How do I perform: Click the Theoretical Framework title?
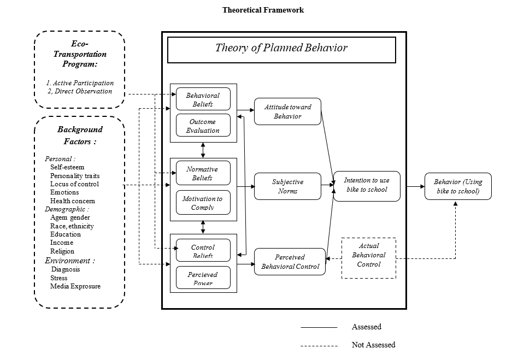coord(263,10)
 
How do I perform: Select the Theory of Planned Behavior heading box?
coord(281,50)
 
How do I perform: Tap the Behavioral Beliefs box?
coord(203,99)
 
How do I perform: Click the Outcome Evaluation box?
coord(203,126)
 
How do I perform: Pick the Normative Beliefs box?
coord(203,173)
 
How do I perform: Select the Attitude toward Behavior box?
coord(287,111)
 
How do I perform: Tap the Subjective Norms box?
coord(287,186)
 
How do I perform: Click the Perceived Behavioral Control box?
coord(290,262)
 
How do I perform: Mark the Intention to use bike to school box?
coord(367,186)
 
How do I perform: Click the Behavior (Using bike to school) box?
coord(458,186)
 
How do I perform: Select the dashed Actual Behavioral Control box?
coord(368,258)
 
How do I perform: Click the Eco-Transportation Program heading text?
coord(80,54)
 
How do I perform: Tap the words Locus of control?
coord(74,184)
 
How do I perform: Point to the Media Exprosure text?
coord(75,286)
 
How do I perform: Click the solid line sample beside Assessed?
coord(319,327)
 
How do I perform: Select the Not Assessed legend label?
coord(373,345)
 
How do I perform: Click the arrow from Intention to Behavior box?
coord(413,186)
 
